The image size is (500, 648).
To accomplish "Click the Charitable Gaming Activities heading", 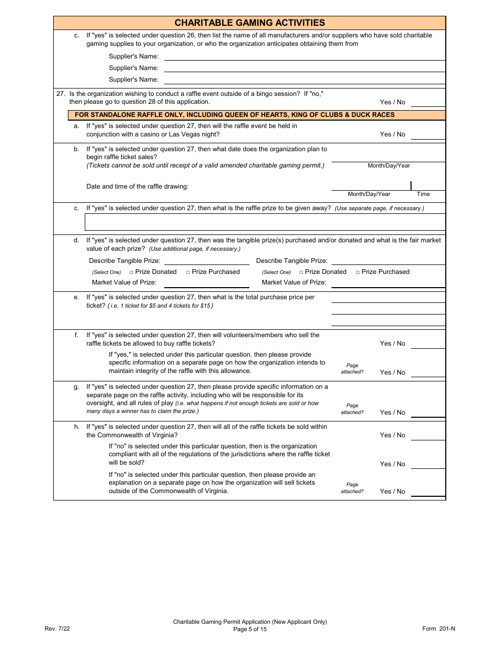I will pos(249,23).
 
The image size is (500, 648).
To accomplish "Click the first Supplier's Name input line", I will pos(304,56).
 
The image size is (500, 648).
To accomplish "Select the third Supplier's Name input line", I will pos(304,80).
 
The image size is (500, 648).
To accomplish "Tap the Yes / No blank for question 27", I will pos(427,102).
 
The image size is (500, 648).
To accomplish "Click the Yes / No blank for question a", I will pos(427,134).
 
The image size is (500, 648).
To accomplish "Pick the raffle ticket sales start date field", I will pos(388,156).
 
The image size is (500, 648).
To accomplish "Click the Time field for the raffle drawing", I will pos(428,185).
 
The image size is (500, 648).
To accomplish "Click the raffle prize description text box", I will pos(265,222).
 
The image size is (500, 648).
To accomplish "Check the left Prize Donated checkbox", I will pos(132,272).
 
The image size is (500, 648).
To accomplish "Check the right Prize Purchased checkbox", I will pos(358,272).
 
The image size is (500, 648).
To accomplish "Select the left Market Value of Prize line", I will pos(206,283).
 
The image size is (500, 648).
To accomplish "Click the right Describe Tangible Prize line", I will pos(388,261).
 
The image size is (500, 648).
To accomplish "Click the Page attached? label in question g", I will pos(352,409).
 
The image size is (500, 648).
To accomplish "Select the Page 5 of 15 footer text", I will pos(249,629).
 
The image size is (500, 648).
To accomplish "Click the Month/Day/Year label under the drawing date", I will pos(369,194).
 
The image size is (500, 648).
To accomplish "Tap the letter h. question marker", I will pos(76,427).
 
